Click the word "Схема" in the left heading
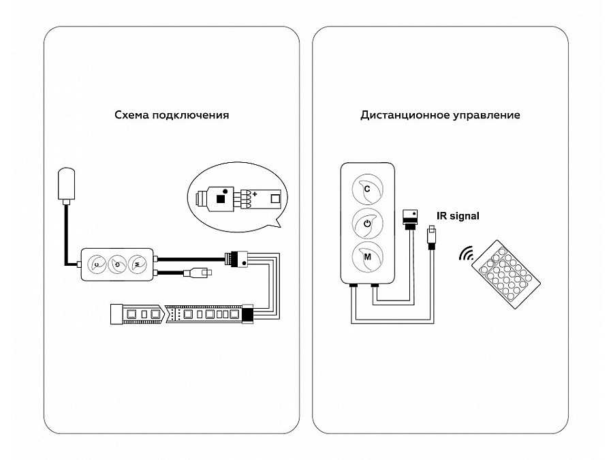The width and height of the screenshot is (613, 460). [131, 115]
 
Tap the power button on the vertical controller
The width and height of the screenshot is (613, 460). [367, 224]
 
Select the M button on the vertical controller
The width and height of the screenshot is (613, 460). [367, 258]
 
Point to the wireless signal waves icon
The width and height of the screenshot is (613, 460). [467, 255]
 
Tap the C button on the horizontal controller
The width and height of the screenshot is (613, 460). [97, 264]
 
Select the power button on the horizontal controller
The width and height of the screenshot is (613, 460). [118, 264]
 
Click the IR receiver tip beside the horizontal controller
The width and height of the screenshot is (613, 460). [207, 273]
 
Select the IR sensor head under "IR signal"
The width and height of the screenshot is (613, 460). [430, 234]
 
